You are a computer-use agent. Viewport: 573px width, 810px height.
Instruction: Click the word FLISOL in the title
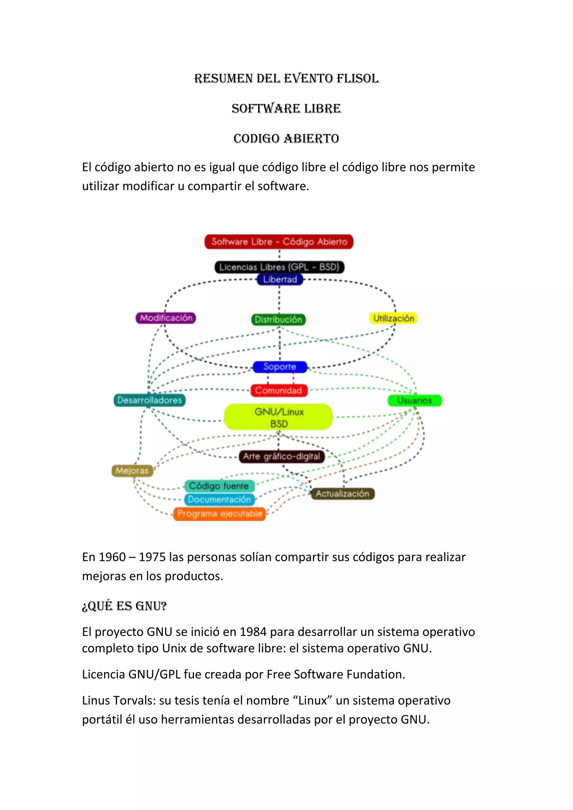tap(357, 78)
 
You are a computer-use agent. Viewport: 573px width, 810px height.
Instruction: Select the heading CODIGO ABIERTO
tap(286, 138)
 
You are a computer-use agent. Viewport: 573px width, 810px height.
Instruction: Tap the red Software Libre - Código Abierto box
tap(279, 242)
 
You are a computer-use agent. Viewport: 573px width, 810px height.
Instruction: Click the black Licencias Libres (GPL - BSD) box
tap(279, 267)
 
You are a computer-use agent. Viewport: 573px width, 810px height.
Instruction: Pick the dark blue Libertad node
tap(280, 279)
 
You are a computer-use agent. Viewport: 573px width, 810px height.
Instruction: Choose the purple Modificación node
tap(166, 318)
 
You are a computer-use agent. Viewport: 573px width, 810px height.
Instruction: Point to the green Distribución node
tap(278, 320)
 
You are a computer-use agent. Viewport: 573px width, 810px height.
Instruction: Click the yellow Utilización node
tap(393, 318)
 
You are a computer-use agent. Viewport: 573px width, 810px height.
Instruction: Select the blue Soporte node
tap(280, 367)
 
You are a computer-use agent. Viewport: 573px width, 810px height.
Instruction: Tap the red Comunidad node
tap(279, 390)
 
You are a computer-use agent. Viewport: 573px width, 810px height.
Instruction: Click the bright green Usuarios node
tap(415, 401)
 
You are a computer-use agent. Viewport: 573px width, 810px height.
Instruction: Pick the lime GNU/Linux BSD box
tap(279, 417)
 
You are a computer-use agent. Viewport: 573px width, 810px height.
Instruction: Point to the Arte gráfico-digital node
tap(281, 456)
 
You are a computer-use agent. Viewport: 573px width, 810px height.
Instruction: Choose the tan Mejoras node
tap(132, 471)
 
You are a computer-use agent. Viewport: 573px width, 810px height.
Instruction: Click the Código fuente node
tap(219, 486)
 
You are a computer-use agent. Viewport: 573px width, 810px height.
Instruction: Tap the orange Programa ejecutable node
tap(219, 514)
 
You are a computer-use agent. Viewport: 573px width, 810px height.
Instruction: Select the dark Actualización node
tap(342, 494)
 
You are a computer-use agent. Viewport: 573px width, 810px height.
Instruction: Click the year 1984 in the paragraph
tap(253, 632)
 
